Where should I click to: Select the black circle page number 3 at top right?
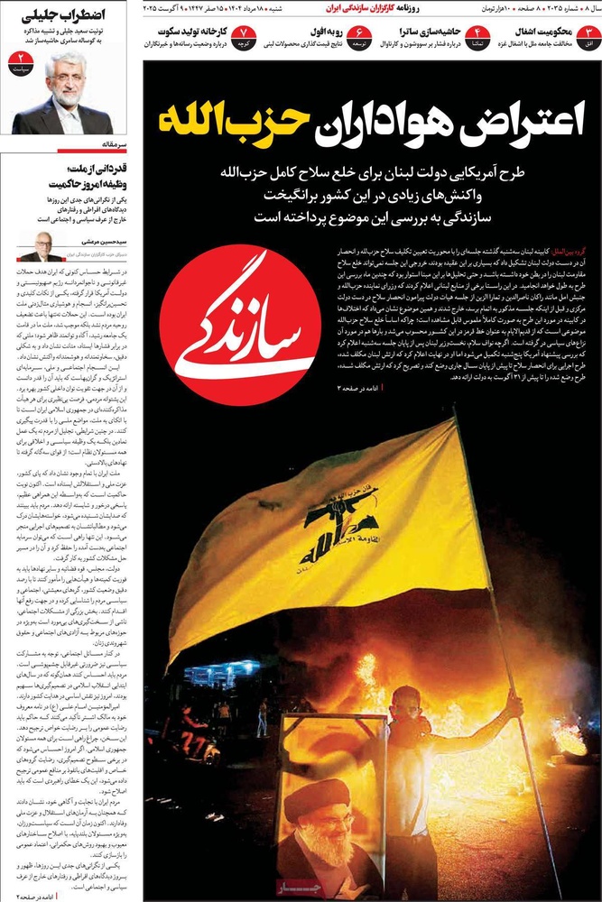pos(589,38)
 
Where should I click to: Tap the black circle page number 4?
pos(477,38)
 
